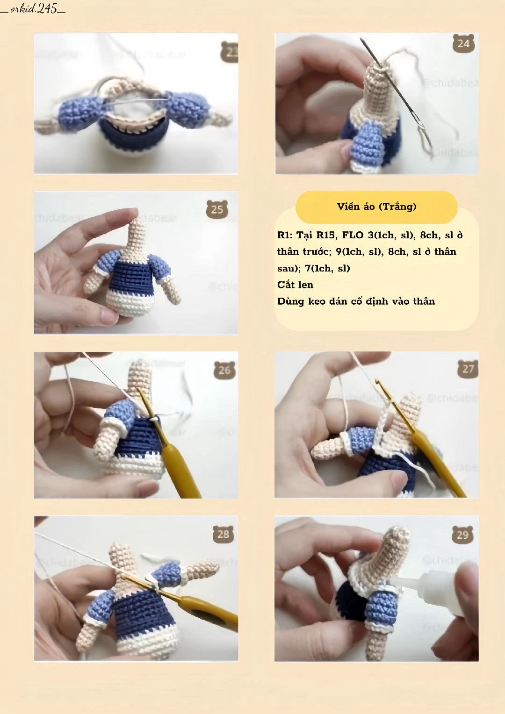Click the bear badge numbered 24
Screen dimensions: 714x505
click(463, 43)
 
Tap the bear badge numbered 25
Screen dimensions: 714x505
click(217, 209)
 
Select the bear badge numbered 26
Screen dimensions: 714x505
click(224, 370)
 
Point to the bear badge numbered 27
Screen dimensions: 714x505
click(468, 369)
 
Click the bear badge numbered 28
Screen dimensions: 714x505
click(223, 534)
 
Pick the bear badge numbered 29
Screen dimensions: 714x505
click(462, 534)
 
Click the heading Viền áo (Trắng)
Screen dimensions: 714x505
click(376, 207)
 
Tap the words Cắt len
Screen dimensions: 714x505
click(295, 285)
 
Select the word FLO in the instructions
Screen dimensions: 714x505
click(353, 235)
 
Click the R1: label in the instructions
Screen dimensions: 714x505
click(284, 235)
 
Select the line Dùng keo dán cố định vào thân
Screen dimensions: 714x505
click(356, 301)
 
